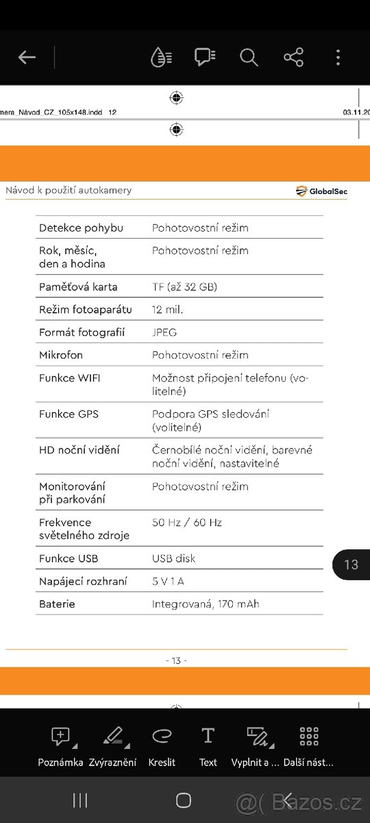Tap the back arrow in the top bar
pos(27,58)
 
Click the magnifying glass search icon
pos(249,58)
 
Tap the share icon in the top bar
pos(293,58)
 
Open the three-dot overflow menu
pos(338,58)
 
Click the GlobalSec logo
pos(321,191)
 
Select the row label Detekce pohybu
pos(81,228)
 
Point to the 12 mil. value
pos(167,309)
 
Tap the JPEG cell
pos(164,332)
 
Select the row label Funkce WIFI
pos(69,377)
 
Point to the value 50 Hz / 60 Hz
pos(186,523)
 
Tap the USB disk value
pos(173,558)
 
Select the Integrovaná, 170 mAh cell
pos(206,604)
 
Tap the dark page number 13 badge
pos(351,564)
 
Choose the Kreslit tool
pos(162,745)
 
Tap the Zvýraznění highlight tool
pos(112,745)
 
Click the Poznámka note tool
pos(60,745)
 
